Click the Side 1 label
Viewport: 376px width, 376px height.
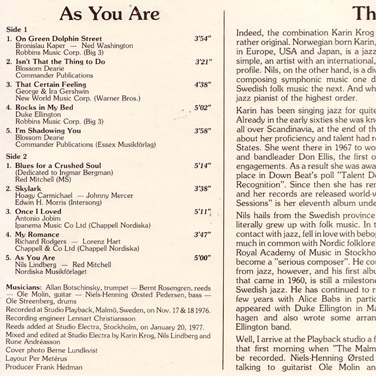(16, 29)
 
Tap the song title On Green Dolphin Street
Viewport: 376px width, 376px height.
(54, 38)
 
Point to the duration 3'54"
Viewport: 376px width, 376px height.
(203, 38)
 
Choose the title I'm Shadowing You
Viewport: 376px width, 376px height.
(49, 130)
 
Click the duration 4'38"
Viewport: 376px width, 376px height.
(203, 84)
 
